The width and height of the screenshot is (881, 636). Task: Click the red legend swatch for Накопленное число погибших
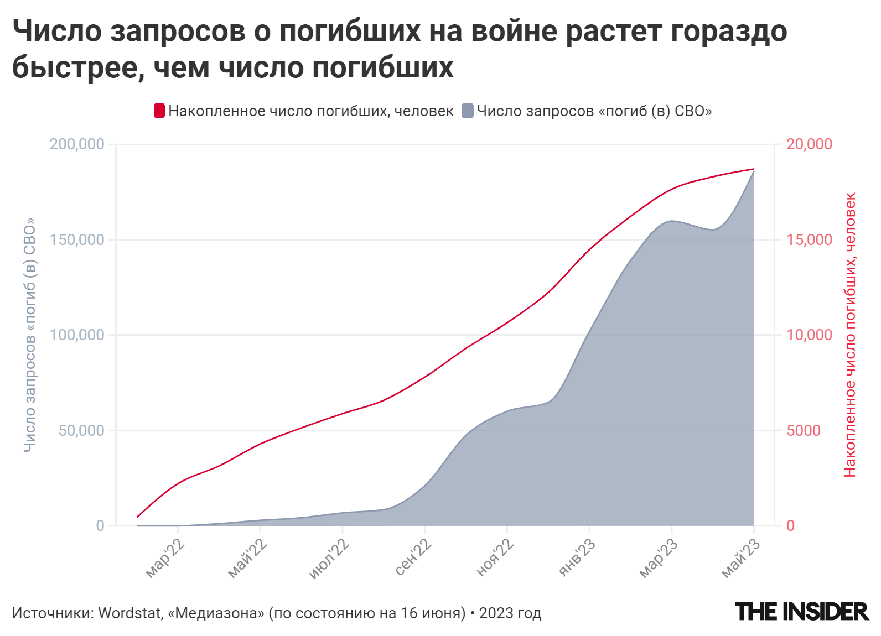(x=159, y=111)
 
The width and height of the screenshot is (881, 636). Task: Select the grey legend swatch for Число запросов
(x=468, y=111)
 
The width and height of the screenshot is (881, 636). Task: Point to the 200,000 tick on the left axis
(x=77, y=144)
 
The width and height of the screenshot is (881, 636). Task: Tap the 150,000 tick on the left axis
(x=77, y=240)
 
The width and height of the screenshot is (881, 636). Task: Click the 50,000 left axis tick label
(x=81, y=431)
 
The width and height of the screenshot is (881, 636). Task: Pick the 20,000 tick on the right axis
(x=809, y=144)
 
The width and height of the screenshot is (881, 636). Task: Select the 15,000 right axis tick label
(x=809, y=240)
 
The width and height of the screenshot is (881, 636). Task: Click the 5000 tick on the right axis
(x=804, y=431)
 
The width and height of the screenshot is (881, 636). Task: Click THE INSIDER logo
(x=802, y=612)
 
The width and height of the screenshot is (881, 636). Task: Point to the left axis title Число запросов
(x=29, y=335)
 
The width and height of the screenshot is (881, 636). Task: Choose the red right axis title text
(x=850, y=335)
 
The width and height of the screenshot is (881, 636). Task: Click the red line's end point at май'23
(x=754, y=169)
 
